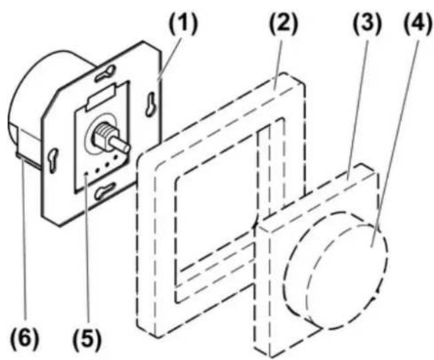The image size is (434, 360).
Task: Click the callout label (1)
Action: (184, 25)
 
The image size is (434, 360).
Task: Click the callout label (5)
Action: (87, 338)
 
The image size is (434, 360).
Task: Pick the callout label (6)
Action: (25, 338)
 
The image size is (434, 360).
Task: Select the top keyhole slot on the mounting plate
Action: (105, 73)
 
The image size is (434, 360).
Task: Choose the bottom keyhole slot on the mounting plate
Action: (105, 191)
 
